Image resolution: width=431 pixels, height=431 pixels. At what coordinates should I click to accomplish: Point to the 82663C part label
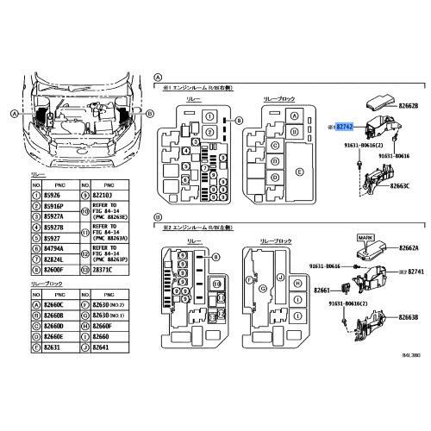point(408,184)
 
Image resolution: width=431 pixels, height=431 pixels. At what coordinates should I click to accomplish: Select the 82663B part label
point(408,318)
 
